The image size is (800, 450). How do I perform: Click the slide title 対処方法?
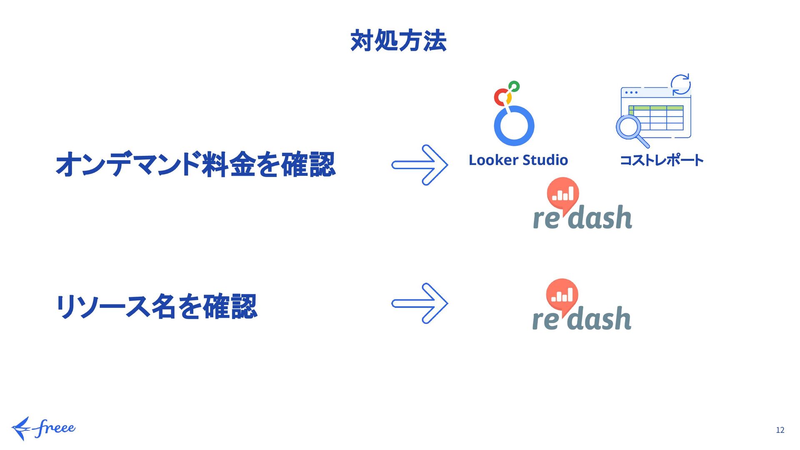(398, 41)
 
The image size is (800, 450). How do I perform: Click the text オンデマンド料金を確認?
(195, 164)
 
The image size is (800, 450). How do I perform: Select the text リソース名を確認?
(156, 307)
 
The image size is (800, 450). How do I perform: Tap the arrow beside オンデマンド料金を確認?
(420, 165)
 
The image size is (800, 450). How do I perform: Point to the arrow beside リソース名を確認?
(420, 303)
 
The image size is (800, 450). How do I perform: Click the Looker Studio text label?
(518, 160)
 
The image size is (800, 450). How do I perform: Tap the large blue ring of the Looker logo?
(514, 126)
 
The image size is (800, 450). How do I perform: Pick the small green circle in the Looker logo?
(514, 86)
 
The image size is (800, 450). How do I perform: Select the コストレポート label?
(661, 160)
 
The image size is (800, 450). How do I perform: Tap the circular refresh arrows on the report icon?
(680, 85)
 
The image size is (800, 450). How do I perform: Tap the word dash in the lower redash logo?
(601, 319)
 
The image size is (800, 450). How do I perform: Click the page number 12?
(780, 430)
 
